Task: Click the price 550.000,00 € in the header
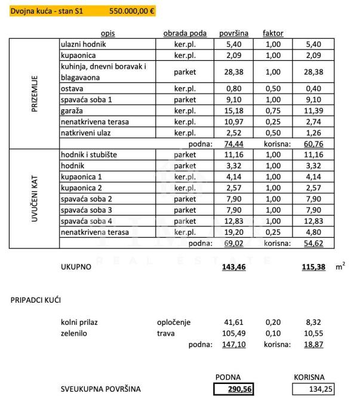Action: (133, 11)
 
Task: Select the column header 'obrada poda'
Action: (184, 33)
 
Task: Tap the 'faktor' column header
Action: (273, 33)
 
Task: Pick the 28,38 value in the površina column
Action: (230, 72)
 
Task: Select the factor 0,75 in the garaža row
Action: (273, 110)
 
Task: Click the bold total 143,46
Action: (229, 267)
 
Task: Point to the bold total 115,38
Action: (313, 267)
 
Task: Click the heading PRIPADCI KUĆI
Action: (36, 300)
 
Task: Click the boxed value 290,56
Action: (234, 389)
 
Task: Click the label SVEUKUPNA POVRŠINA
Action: (101, 389)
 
